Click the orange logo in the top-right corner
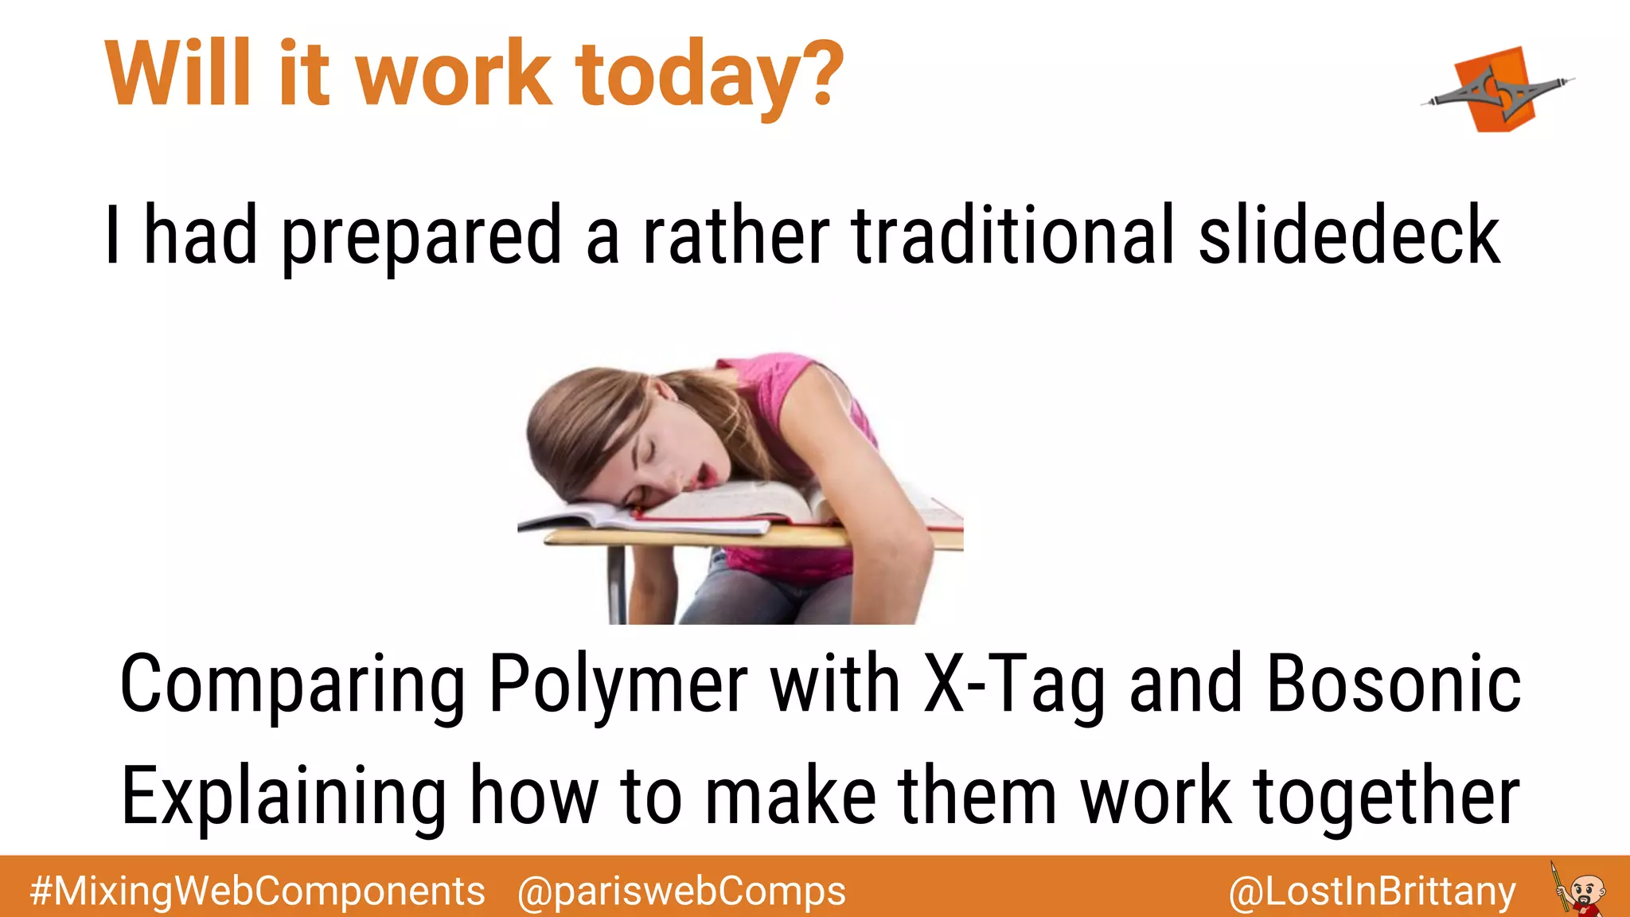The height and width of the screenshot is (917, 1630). click(x=1497, y=90)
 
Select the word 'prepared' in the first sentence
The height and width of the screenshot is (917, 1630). click(x=423, y=236)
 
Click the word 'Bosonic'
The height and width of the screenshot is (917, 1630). click(x=1394, y=683)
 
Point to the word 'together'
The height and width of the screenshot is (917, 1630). click(x=1386, y=796)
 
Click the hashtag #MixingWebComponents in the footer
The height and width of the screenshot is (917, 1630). click(x=257, y=891)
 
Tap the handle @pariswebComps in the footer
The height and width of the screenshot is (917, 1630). click(x=681, y=891)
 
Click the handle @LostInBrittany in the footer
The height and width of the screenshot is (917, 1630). click(x=1372, y=891)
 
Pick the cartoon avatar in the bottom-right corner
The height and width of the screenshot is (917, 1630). click(x=1579, y=890)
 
